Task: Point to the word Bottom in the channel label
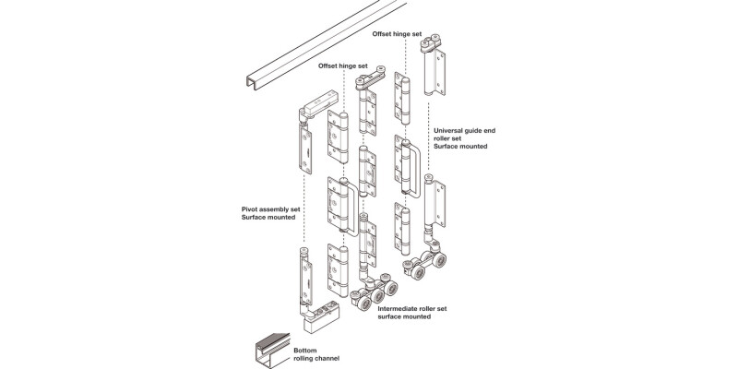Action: click(x=305, y=351)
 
